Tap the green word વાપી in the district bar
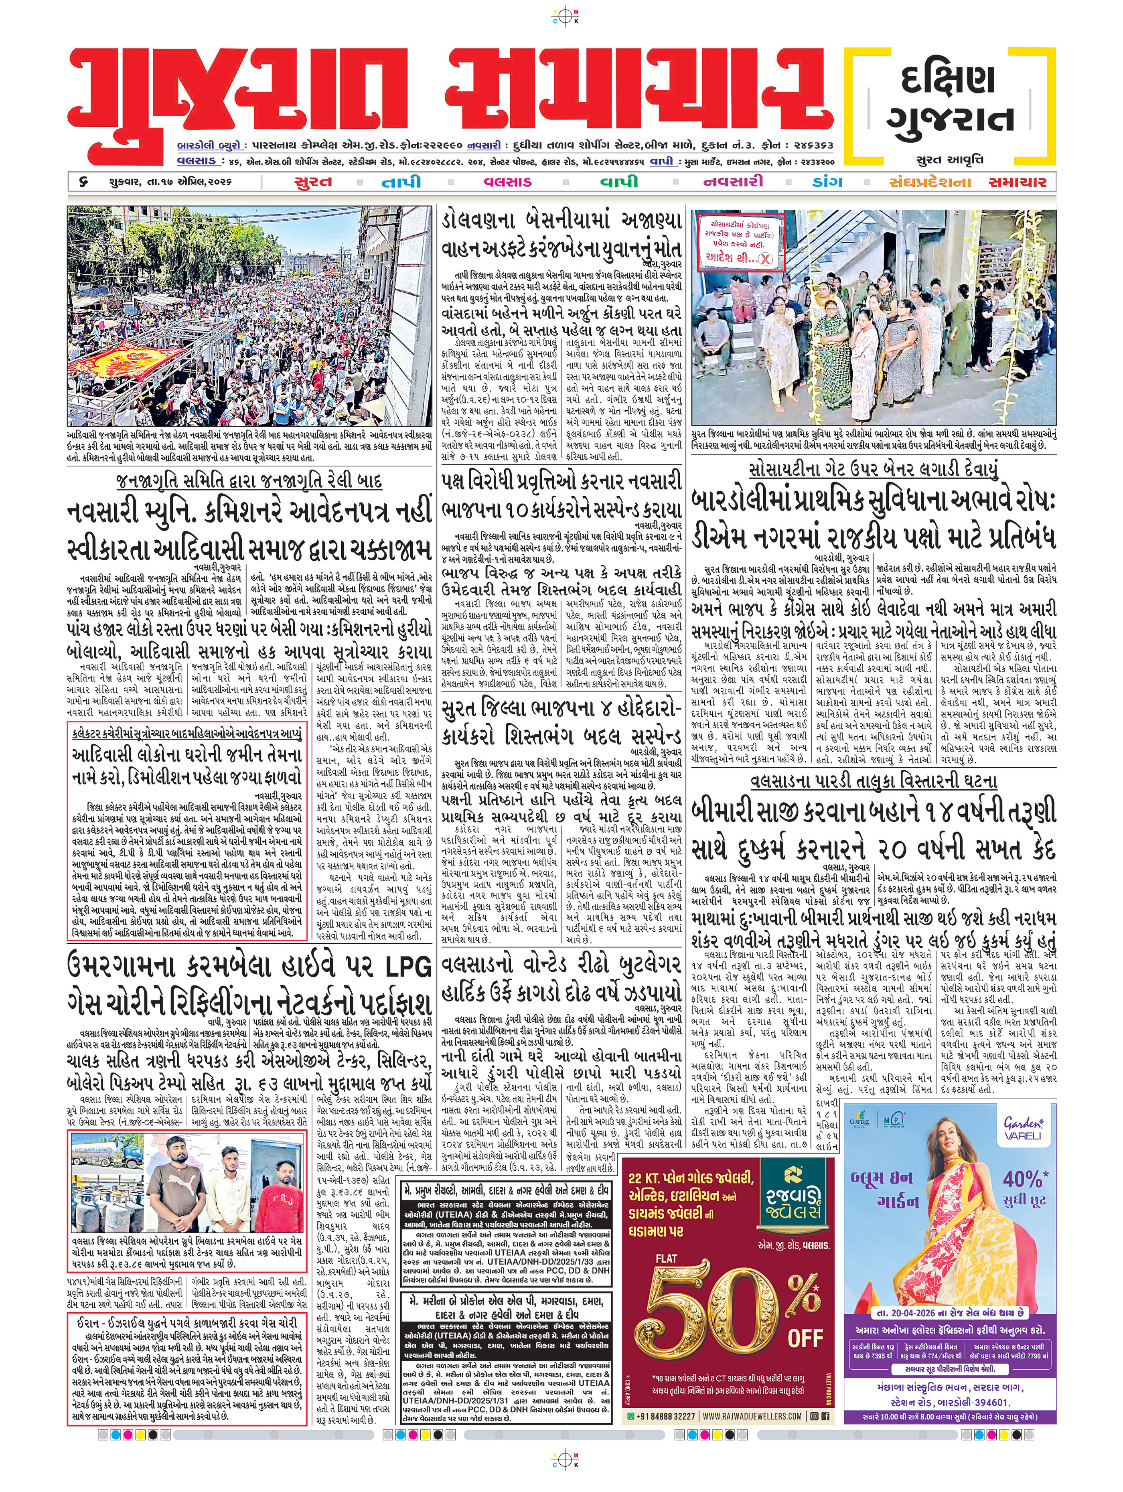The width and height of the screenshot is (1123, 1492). (619, 182)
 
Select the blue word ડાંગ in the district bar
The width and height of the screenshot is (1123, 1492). (827, 182)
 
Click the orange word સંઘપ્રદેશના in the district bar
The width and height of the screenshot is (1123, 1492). (929, 182)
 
